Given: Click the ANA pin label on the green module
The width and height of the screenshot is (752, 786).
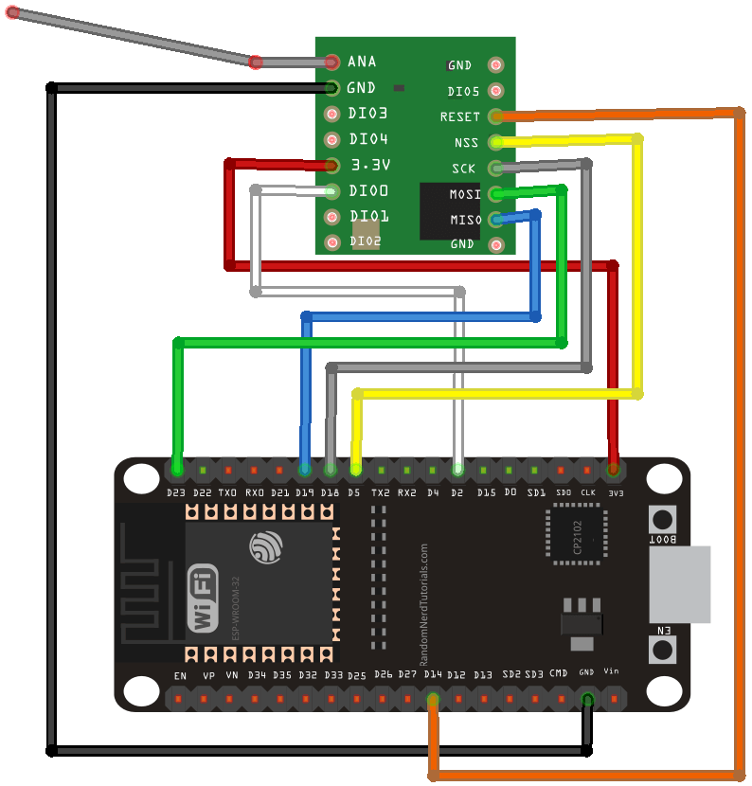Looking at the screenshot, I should [362, 62].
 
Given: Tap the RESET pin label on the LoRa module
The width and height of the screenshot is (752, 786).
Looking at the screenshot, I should [460, 117].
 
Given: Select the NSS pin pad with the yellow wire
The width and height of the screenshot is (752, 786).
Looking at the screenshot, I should [496, 142].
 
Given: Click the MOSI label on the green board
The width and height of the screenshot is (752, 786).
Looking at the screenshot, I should [464, 194].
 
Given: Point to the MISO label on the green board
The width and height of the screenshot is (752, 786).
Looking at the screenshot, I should [464, 220].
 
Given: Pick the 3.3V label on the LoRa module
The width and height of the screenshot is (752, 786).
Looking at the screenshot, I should [370, 165].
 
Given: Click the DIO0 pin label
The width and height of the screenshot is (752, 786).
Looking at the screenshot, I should [368, 190].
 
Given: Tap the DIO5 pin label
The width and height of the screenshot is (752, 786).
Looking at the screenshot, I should [463, 92].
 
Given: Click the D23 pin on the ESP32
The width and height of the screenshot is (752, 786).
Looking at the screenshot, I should [176, 469].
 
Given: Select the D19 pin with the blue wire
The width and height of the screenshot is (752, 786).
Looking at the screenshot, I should [304, 469].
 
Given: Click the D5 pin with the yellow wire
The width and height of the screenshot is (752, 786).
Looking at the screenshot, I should [355, 469].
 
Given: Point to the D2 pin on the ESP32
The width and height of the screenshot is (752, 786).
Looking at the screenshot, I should [457, 469].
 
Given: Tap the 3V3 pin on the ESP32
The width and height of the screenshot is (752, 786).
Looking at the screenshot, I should [614, 469].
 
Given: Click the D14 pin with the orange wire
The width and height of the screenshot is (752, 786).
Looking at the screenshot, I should [433, 701].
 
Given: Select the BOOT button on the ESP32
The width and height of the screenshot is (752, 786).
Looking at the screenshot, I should [663, 519].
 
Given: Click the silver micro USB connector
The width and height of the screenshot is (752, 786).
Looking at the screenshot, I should [679, 584].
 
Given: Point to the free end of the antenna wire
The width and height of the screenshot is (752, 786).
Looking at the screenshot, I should [11, 13].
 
